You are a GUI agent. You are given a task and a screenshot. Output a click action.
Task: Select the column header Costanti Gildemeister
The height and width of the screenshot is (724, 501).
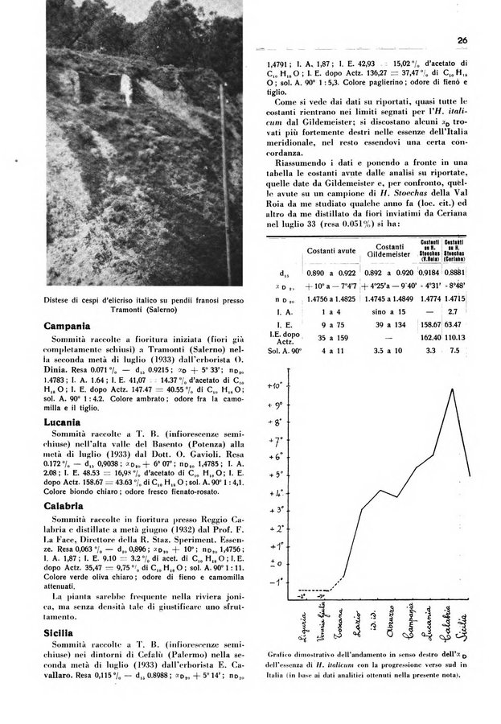(x=390, y=251)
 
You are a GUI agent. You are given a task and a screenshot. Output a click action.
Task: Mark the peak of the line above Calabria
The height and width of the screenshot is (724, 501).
(x=453, y=389)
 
